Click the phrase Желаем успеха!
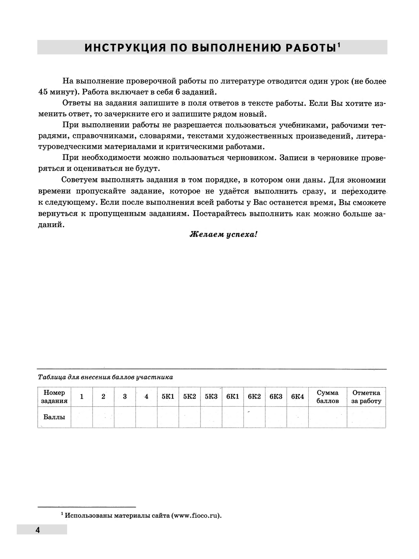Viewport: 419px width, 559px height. click(x=223, y=234)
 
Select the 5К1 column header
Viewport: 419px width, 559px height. click(x=168, y=397)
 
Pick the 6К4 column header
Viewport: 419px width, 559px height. click(x=297, y=397)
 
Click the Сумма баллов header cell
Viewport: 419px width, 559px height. click(x=328, y=397)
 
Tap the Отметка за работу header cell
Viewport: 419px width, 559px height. click(x=366, y=397)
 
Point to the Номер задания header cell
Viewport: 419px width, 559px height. click(x=54, y=397)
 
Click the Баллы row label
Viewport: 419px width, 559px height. click(x=54, y=417)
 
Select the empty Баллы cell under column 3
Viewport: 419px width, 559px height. click(x=125, y=417)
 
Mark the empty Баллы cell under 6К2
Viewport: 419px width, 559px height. click(x=254, y=417)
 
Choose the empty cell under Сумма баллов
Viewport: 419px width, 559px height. click(x=328, y=417)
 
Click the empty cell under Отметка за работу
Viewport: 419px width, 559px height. click(x=366, y=417)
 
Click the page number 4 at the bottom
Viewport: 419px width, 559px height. click(x=37, y=530)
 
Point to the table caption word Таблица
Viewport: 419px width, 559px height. click(x=49, y=377)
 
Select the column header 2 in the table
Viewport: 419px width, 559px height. click(x=103, y=397)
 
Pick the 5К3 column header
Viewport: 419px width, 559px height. click(x=211, y=397)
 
